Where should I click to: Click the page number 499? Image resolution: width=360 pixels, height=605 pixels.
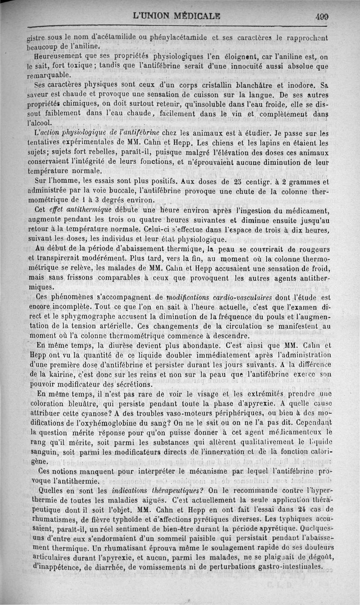click(322, 17)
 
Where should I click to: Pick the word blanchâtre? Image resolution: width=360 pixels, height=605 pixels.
click(252, 85)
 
